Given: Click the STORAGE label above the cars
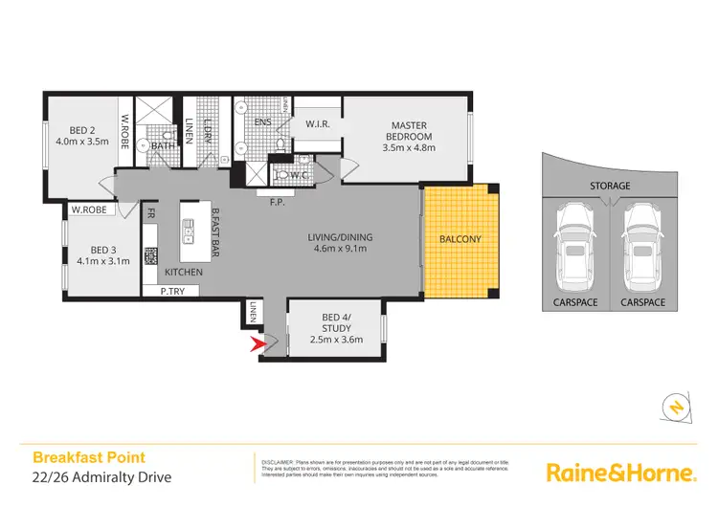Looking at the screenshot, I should [609, 186].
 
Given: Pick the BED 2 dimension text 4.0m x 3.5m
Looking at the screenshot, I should [81, 142].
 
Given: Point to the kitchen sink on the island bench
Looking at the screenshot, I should [190, 228].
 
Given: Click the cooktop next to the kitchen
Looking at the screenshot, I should [150, 256].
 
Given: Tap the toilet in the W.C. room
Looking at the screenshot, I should [283, 174].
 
